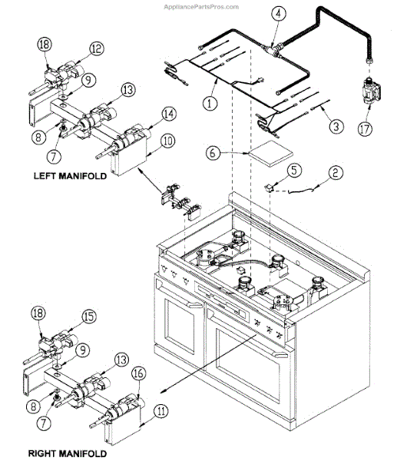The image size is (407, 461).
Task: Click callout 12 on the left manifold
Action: (96, 48)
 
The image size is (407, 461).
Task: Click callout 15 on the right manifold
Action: (89, 316)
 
